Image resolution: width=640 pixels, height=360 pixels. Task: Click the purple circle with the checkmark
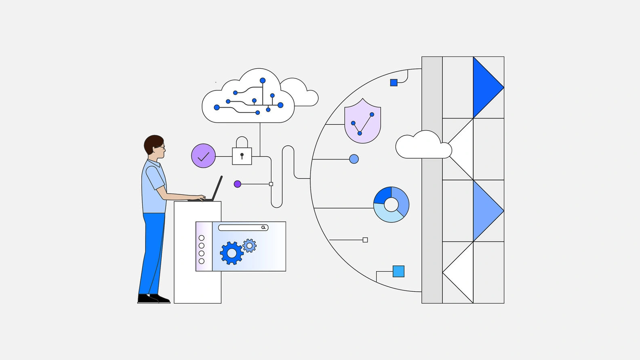203,156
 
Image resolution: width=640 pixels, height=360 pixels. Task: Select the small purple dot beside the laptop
238,184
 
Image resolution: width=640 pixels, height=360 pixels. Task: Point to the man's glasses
161,147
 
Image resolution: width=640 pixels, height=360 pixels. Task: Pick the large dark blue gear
232,253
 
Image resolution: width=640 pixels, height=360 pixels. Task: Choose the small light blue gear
249,246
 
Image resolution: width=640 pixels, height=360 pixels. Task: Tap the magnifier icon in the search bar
263,227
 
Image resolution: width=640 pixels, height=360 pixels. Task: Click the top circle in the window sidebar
202,238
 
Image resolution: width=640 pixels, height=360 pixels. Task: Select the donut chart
391,204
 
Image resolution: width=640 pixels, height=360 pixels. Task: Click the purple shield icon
362,122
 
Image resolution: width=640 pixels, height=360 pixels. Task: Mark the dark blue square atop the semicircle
394,83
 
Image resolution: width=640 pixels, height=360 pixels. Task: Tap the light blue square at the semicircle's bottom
398,271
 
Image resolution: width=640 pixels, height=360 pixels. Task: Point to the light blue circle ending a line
354,159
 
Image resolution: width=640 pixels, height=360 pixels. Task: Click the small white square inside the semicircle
365,240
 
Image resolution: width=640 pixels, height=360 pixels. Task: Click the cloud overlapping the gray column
423,146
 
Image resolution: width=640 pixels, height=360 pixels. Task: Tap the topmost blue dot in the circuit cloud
263,81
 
